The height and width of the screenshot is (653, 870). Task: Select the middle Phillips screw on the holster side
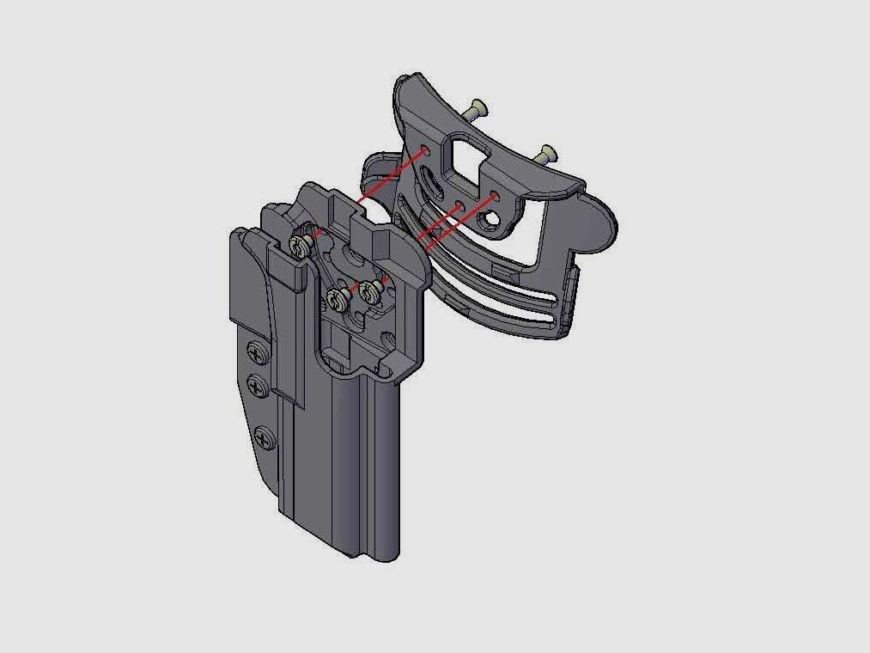click(256, 385)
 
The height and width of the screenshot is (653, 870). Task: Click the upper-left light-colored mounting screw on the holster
click(301, 247)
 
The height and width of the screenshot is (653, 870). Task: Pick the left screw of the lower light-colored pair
click(336, 299)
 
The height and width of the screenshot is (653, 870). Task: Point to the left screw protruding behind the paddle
click(476, 109)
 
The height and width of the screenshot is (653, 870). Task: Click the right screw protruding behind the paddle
click(545, 155)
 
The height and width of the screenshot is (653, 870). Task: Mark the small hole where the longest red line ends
click(427, 151)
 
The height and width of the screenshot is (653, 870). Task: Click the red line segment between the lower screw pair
click(353, 293)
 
